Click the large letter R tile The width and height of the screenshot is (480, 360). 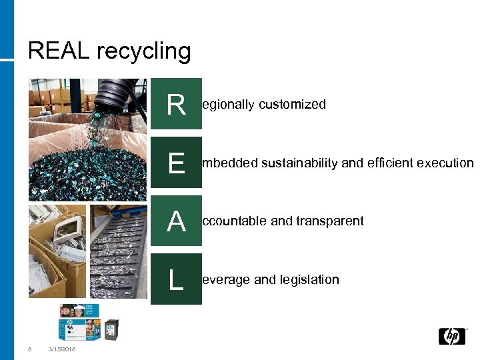tap(176, 104)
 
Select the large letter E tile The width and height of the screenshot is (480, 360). tap(176, 162)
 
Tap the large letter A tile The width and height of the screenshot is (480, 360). tap(176, 221)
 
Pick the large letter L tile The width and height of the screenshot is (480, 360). tap(176, 279)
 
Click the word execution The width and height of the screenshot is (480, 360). tap(445, 163)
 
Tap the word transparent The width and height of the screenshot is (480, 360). tap(331, 221)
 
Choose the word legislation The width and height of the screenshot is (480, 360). tap(309, 280)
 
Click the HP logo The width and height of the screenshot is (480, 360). tap(452, 336)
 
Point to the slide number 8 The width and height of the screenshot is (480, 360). tap(29, 349)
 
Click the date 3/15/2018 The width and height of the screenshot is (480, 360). tap(62, 349)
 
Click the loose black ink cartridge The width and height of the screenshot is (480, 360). tap(111, 329)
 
